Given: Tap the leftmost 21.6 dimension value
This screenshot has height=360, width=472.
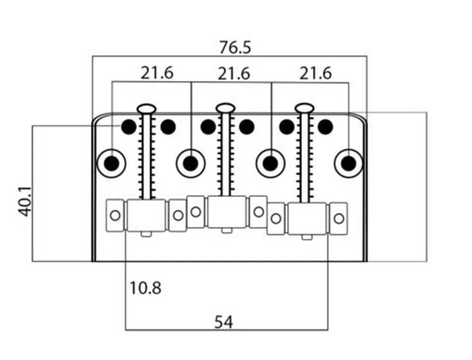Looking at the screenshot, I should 157,73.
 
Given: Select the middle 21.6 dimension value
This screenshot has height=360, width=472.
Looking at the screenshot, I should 234,74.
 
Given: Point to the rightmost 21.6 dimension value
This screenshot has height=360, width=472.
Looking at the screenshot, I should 315,73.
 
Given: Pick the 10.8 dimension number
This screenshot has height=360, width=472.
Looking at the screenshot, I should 145,287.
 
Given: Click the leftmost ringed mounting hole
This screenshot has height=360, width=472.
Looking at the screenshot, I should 112,163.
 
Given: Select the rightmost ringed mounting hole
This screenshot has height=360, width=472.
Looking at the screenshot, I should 349,163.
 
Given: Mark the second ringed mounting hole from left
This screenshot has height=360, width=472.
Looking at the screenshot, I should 191,163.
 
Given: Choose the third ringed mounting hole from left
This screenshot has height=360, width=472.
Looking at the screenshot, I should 270,163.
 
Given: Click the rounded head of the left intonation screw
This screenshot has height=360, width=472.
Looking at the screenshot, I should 146,109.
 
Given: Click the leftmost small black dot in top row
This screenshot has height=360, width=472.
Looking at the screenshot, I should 128,126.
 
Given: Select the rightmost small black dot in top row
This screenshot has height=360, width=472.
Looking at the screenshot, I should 325,126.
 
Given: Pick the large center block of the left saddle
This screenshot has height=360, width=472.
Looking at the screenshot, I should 146,216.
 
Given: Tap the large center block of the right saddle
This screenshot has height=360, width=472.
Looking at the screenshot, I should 307,218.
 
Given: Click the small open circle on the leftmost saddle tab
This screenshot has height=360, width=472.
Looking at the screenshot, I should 115,216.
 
